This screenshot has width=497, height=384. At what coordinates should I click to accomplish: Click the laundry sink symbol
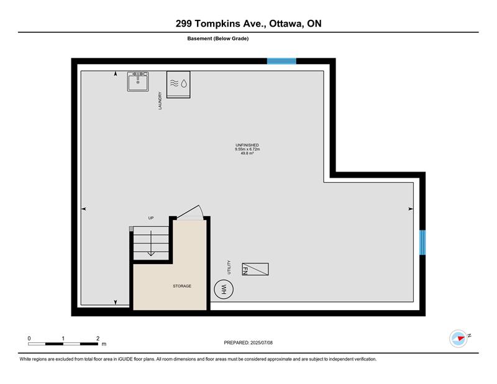pos(138,81)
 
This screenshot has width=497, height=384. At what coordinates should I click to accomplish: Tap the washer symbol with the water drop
pos(178,85)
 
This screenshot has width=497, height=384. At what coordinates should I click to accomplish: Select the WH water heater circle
pos(224,289)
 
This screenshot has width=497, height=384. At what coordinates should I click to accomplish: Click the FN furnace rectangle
pos(255,269)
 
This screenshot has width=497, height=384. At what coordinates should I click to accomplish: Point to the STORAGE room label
pos(182,286)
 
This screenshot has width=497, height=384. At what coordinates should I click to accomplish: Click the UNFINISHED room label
pos(247,145)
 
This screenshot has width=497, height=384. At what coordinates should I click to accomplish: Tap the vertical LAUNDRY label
pos(160,101)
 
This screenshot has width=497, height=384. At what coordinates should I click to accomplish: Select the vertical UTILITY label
pos(229,267)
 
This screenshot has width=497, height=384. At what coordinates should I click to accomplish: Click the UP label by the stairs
pos(151,218)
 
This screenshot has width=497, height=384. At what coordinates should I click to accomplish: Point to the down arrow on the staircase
pos(151,243)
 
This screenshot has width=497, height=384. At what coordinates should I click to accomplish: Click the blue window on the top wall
pos(281,61)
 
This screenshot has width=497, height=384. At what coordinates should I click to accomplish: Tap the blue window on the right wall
pos(422,242)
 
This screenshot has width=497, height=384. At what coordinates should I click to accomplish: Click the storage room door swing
pos(189,211)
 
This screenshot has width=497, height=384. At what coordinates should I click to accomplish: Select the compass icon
pos(458,339)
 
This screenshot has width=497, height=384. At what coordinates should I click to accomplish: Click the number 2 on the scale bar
pos(98,339)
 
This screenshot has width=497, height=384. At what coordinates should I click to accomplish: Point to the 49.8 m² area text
pos(247,153)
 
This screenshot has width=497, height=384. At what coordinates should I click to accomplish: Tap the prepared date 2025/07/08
pos(262,343)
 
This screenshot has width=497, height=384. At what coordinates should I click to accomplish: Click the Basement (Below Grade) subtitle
pos(218,39)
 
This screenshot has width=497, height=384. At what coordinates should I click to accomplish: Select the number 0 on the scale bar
pos(29,339)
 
